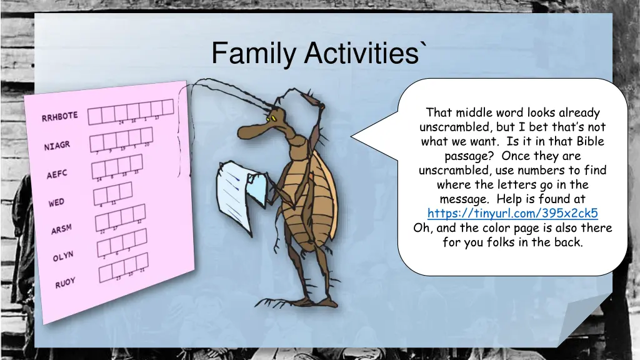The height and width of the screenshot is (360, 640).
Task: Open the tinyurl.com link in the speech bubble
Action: point(512,213)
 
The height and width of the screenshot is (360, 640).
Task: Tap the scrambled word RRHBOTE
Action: point(59,116)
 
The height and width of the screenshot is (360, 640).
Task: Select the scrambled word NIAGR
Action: point(57,146)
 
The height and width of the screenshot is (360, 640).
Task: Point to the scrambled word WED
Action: point(56,202)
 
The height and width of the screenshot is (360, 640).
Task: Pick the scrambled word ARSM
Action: point(61,229)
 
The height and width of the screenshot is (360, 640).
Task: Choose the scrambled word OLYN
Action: point(63,257)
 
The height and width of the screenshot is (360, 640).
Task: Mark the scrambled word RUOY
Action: point(64,283)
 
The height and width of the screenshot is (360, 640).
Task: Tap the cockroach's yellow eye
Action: point(272,117)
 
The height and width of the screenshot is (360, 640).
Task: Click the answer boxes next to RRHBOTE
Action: point(130,111)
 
